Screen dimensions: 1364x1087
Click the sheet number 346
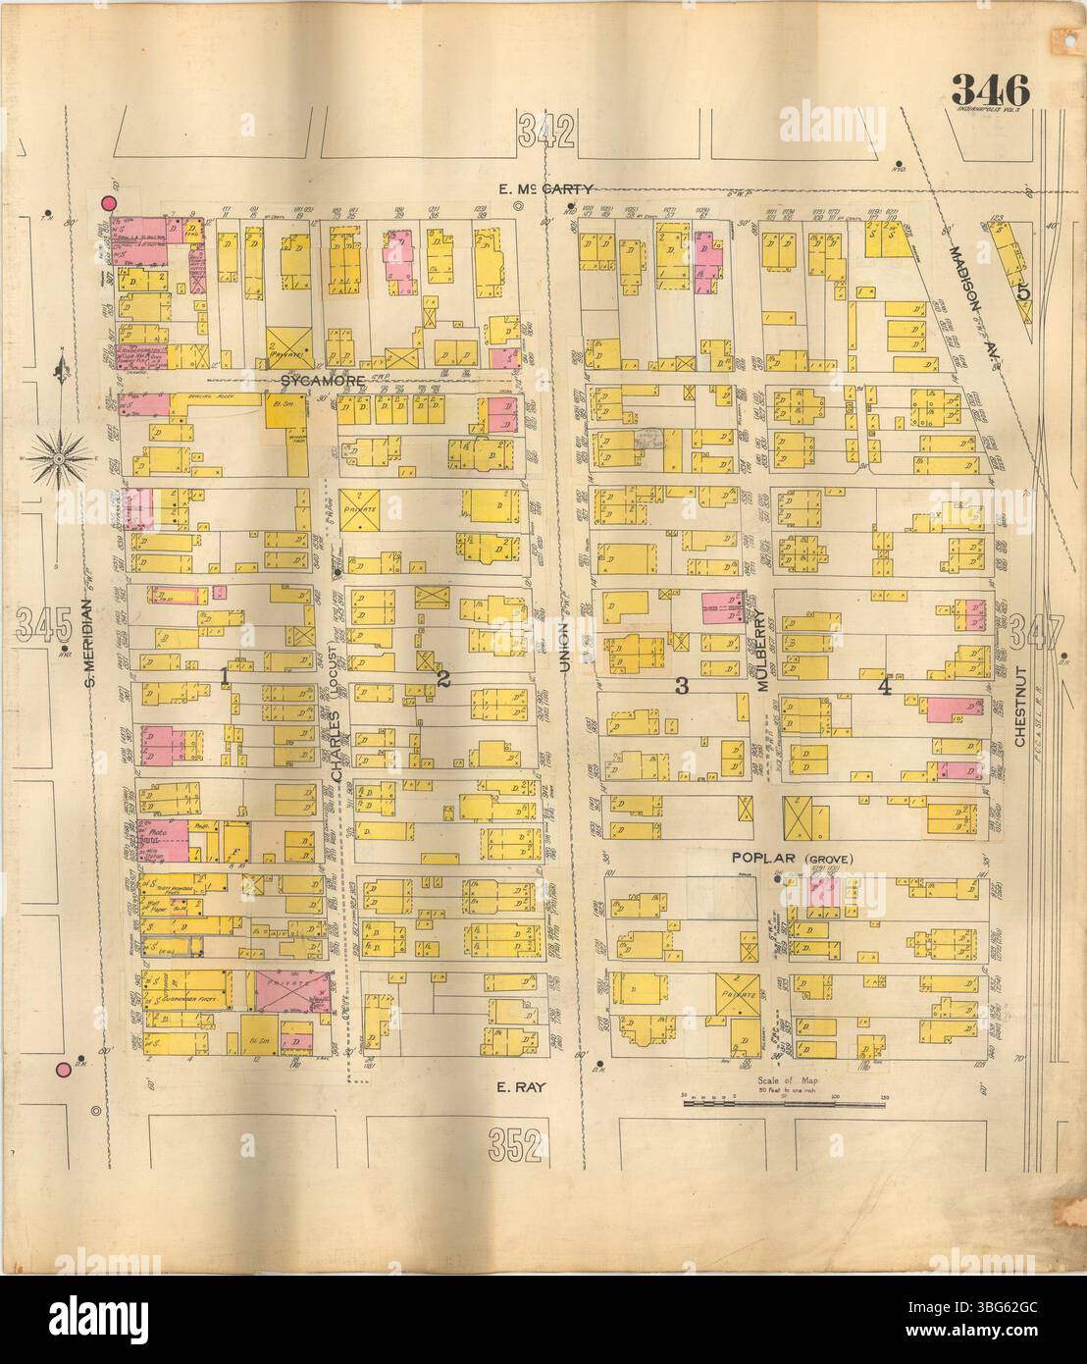[x=989, y=91]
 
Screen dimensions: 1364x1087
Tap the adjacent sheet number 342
[x=546, y=131]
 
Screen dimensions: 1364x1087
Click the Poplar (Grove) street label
[x=794, y=859]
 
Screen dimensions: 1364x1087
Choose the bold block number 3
[x=680, y=687]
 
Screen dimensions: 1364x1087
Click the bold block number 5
[x=1022, y=290]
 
